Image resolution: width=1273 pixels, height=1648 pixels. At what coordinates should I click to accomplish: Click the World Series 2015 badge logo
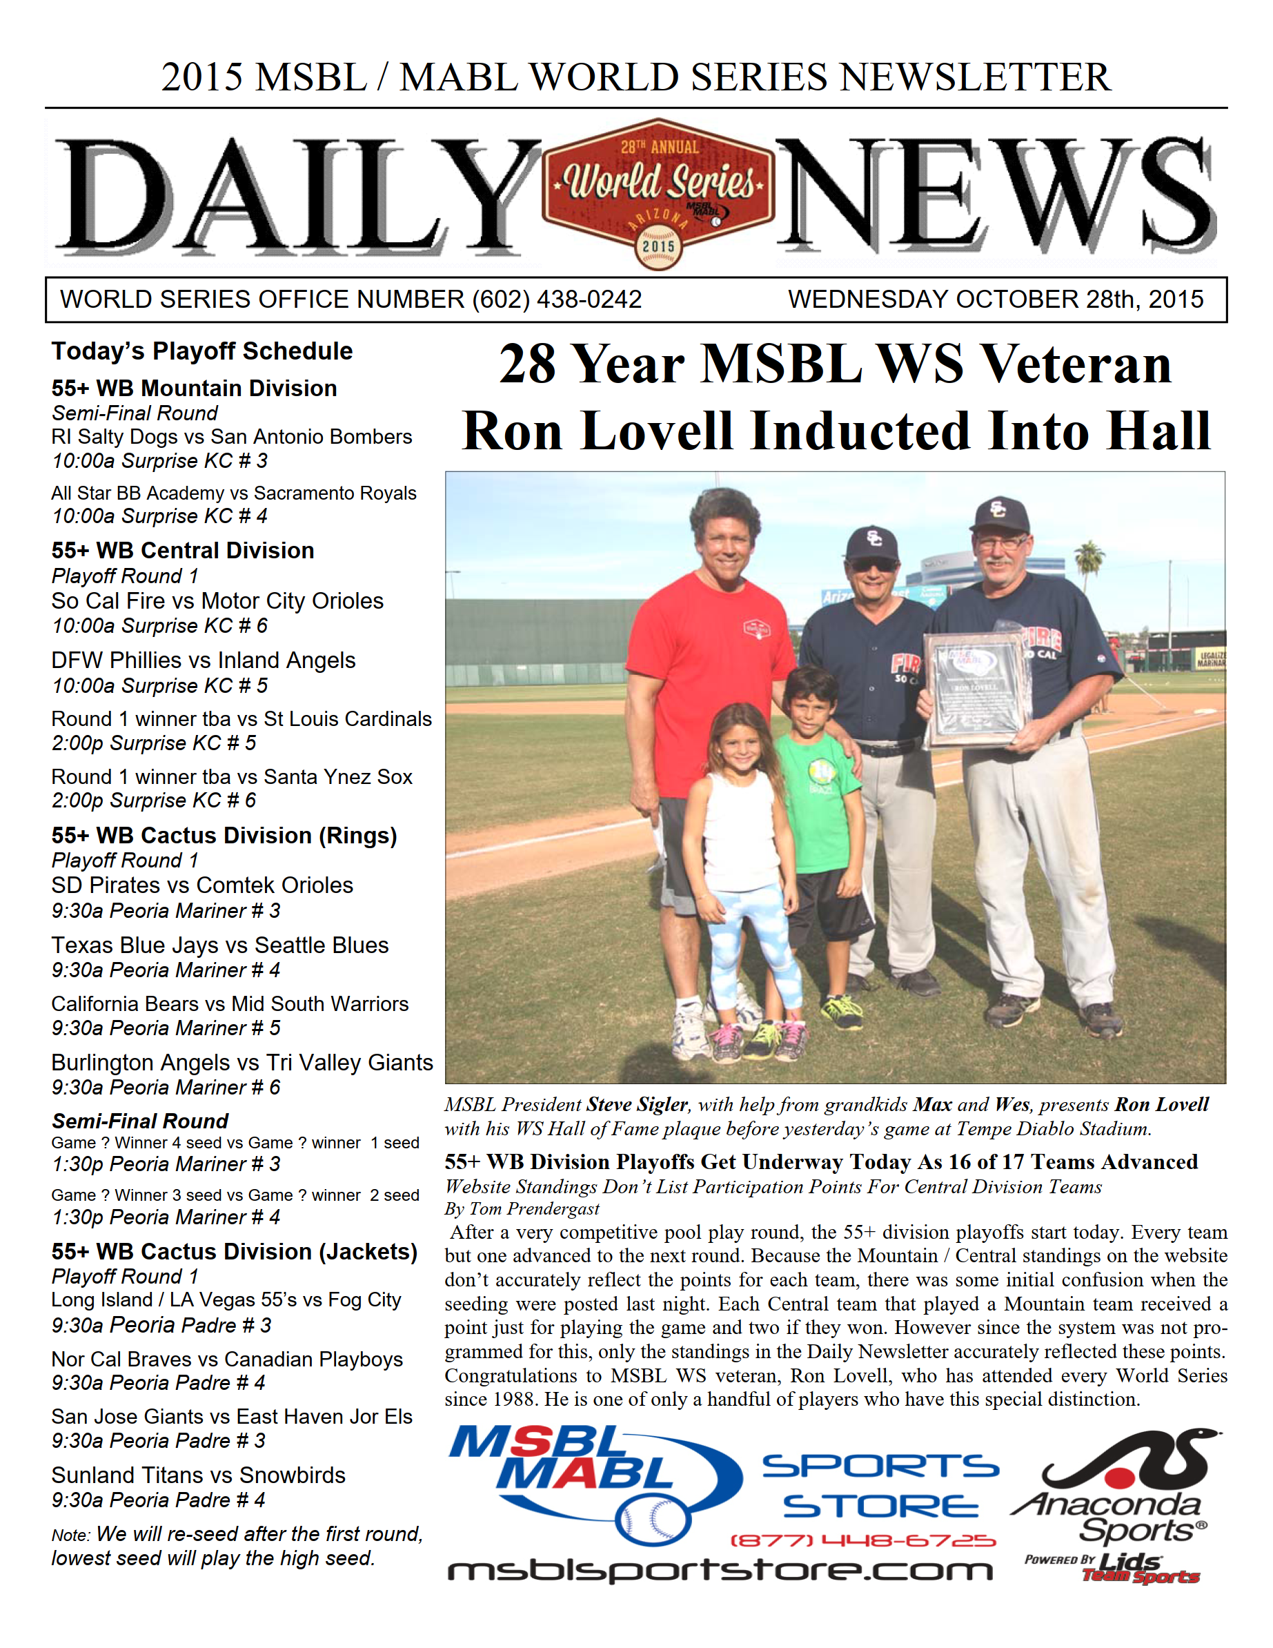point(658,193)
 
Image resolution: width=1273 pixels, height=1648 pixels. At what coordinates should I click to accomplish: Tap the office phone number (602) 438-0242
point(557,300)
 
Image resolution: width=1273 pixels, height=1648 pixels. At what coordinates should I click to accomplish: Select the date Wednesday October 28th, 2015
point(996,300)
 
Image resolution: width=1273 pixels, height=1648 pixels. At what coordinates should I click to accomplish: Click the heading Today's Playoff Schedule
point(201,352)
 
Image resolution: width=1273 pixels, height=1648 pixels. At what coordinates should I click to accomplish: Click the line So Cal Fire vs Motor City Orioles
point(217,601)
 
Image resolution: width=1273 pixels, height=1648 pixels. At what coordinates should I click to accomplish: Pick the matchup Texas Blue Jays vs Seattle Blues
point(219,945)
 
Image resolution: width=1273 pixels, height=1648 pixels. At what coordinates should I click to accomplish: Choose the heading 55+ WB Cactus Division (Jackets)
point(234,1252)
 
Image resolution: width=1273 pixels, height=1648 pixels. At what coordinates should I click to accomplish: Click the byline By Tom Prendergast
point(522,1210)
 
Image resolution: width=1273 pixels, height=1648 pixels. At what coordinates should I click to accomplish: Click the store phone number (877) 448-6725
point(862,1540)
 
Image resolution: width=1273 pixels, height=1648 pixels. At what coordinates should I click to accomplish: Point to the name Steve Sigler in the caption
point(637,1105)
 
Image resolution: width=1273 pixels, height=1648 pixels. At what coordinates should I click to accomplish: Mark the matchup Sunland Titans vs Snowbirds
point(198,1475)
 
